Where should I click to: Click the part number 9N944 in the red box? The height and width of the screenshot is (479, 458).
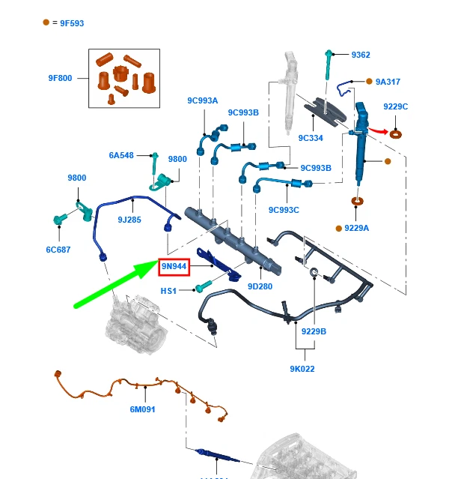(174, 266)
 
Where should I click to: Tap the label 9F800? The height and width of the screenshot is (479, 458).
(60, 78)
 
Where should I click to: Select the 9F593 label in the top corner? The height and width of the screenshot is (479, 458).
(68, 23)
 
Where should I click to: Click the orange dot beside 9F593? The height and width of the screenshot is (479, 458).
(46, 22)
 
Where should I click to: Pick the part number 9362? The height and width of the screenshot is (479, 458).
(361, 55)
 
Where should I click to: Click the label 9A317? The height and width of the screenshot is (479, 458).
(389, 82)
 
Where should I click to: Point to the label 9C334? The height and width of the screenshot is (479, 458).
(310, 138)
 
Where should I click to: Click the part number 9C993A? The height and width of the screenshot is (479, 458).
(202, 100)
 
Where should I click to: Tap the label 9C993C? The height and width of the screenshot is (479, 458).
(284, 210)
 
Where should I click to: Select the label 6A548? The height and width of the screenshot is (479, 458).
(121, 155)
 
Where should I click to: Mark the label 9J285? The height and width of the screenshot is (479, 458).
(129, 220)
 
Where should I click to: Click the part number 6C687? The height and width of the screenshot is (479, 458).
(58, 250)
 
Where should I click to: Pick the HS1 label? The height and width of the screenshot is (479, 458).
(168, 290)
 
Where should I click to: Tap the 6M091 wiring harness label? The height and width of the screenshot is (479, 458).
(144, 409)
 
